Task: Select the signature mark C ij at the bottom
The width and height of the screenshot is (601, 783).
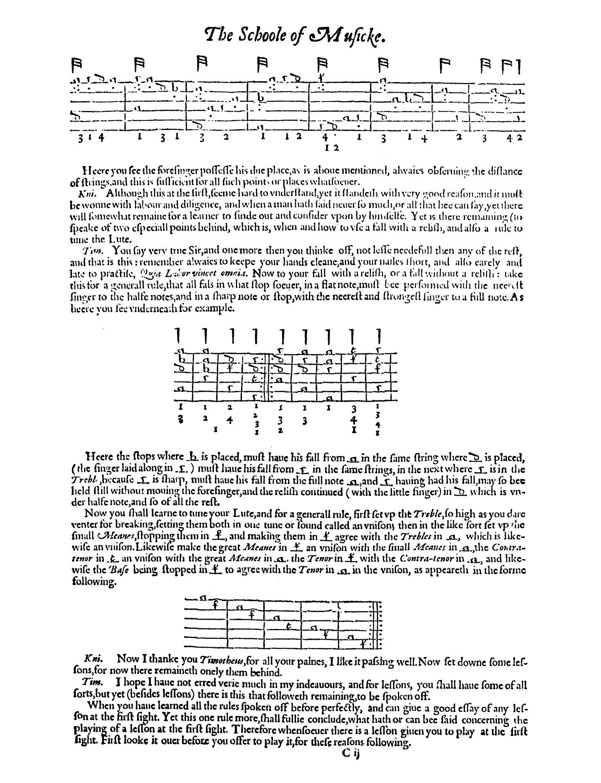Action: [x=350, y=753]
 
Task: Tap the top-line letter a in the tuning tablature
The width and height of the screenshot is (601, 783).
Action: [x=203, y=597]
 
